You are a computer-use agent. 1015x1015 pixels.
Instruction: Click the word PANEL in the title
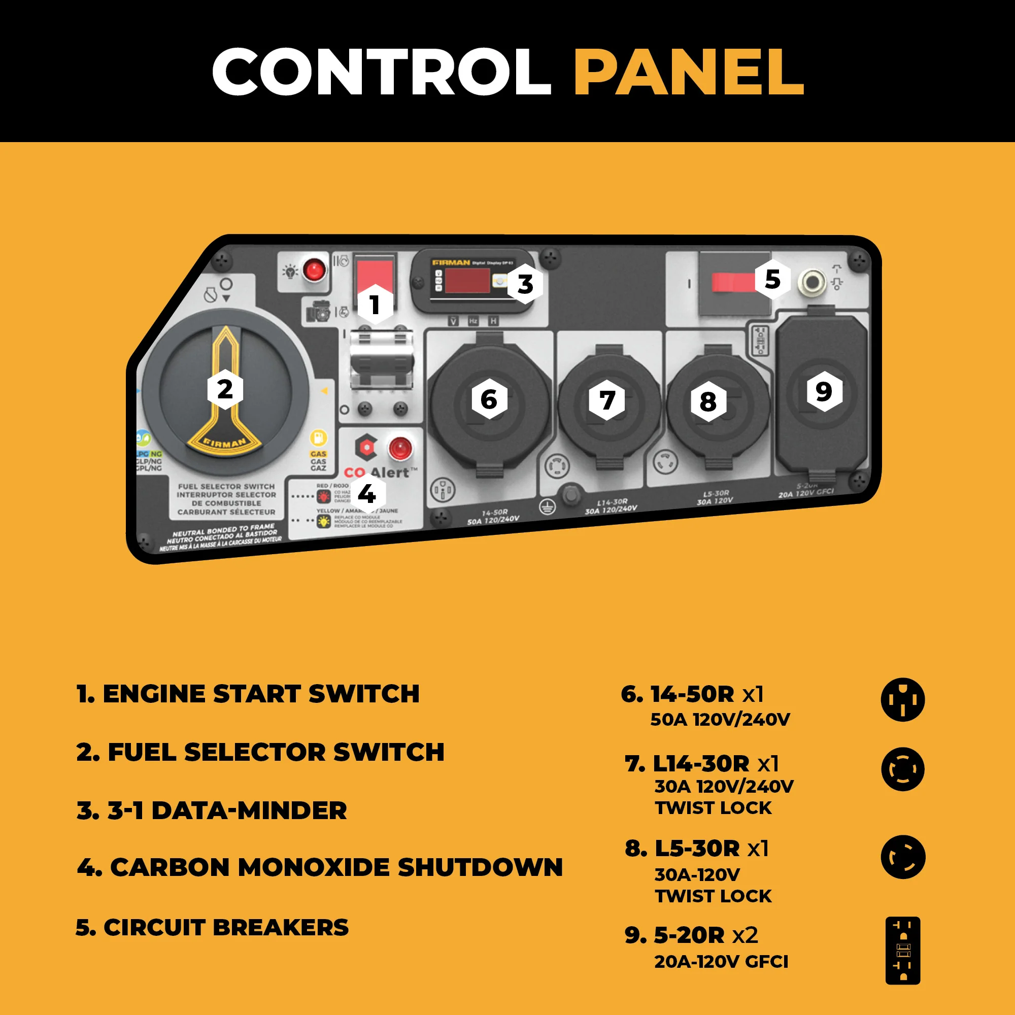pos(688,72)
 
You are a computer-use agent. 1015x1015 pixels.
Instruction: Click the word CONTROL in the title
pos(382,72)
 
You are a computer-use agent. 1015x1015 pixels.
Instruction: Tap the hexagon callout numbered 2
pos(225,389)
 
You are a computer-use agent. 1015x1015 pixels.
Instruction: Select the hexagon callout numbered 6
pos(489,399)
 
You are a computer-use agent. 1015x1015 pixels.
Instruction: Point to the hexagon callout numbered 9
pos(824,391)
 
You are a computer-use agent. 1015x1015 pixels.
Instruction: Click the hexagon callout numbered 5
pos(772,279)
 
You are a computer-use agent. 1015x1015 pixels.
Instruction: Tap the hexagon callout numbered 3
pos(525,284)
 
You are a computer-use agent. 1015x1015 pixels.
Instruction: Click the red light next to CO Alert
pos(400,448)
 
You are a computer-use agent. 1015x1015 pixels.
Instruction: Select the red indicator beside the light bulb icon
pos(314,270)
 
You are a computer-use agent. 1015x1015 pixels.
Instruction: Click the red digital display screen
pos(467,280)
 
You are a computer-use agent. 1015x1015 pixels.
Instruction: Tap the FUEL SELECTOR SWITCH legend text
pos(260,752)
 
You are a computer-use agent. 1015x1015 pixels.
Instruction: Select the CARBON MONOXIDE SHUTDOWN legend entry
pos(320,867)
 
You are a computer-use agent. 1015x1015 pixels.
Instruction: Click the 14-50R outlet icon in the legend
pos(902,700)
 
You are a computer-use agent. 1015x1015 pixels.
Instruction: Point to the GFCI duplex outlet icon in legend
pos(902,950)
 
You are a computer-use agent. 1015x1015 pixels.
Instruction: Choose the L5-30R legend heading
pos(697,848)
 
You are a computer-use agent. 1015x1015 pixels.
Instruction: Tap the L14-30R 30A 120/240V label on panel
pos(611,506)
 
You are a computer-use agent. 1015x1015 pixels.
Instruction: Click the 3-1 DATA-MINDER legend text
pos(212,810)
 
